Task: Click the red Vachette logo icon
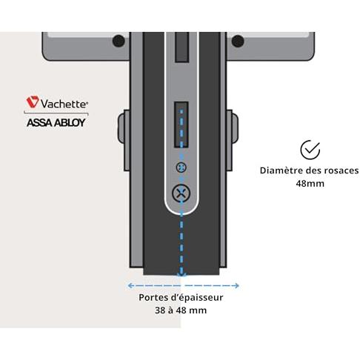pyautogui.click(x=33, y=101)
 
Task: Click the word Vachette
pyautogui.click(x=64, y=104)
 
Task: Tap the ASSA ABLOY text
pyautogui.click(x=56, y=122)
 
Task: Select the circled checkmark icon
pyautogui.click(x=310, y=150)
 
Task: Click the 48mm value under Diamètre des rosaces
pyautogui.click(x=310, y=184)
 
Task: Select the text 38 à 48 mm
pyautogui.click(x=181, y=310)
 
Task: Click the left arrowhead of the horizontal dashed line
pyautogui.click(x=130, y=286)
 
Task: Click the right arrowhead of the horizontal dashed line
pyautogui.click(x=236, y=286)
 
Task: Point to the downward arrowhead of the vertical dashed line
pyautogui.click(x=181, y=273)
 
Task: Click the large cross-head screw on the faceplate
pyautogui.click(x=181, y=193)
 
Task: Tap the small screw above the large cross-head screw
pyautogui.click(x=181, y=167)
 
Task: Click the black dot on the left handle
pyautogui.click(x=119, y=41)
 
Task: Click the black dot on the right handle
pyautogui.click(x=238, y=41)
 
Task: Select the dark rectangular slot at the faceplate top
pyautogui.click(x=181, y=47)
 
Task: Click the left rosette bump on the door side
pyautogui.click(x=121, y=128)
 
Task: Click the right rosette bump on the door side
pyautogui.click(x=235, y=128)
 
